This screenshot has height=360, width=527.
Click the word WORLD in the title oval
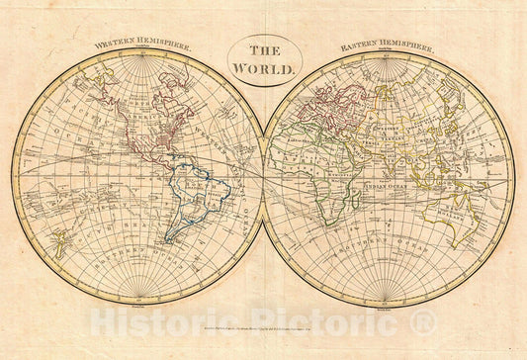262,69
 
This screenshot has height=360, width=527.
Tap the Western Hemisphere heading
143,45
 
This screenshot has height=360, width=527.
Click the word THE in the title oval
262,51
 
